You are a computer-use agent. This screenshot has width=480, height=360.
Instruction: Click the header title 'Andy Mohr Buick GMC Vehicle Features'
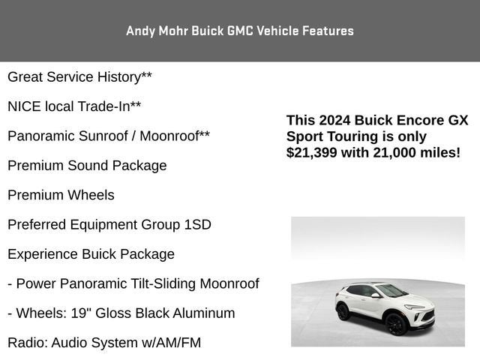(x=240, y=31)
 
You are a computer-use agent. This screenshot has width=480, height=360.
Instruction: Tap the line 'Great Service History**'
(x=74, y=77)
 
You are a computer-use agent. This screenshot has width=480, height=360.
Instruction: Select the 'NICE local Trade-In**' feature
(x=74, y=106)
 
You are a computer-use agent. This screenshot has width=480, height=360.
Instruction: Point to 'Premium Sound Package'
(x=87, y=166)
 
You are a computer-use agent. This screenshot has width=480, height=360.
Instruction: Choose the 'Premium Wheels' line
(x=61, y=195)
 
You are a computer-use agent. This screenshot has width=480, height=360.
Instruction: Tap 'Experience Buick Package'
(x=91, y=254)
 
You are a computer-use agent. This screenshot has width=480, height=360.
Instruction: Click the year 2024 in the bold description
(x=333, y=121)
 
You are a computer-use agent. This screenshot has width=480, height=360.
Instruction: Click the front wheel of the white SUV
(x=395, y=325)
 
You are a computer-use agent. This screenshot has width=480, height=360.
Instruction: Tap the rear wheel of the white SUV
(x=343, y=311)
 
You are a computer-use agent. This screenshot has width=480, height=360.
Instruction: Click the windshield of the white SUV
(x=392, y=290)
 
